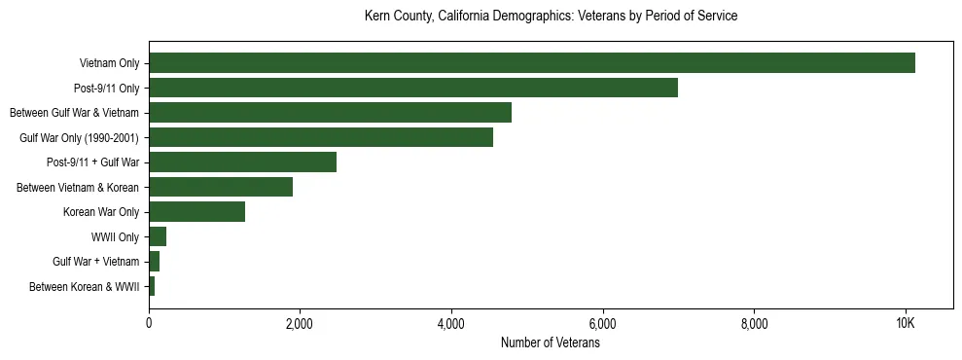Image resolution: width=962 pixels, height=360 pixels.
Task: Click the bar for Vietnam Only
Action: [531, 63]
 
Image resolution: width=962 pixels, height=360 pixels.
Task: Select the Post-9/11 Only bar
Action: [412, 89]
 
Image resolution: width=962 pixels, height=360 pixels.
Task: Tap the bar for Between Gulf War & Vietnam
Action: [330, 113]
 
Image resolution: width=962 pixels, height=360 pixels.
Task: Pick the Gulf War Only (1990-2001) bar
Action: [320, 138]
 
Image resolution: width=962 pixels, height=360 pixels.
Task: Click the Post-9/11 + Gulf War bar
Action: [242, 162]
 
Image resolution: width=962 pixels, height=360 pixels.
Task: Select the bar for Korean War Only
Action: [196, 212]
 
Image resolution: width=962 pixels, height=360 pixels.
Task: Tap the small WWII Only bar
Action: [158, 236]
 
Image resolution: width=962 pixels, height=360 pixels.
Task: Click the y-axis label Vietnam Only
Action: [109, 64]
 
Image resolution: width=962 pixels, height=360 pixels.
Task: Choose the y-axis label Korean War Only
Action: [101, 212]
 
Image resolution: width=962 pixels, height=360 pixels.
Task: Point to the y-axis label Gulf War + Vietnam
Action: [96, 262]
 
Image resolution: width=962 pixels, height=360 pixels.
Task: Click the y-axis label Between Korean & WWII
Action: [85, 286]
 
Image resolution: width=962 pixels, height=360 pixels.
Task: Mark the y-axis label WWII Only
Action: [115, 236]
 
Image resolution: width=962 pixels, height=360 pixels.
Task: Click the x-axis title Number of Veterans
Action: [550, 343]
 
